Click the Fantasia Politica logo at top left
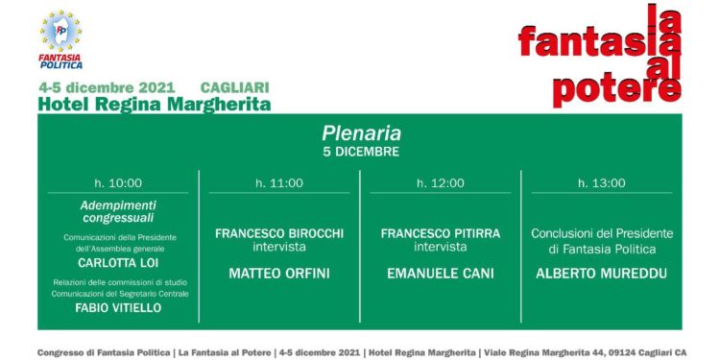point(60,40)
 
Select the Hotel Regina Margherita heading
point(154,104)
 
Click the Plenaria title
point(361,133)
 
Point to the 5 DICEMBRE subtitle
point(361,152)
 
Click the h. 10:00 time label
point(118,183)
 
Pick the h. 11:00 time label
point(279,183)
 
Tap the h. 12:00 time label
point(441,183)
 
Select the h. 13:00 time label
point(602,183)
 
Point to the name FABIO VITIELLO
point(118,309)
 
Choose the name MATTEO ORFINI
point(279,274)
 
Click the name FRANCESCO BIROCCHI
point(279,233)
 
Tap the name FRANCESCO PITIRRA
point(441,233)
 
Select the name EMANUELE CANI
point(441,274)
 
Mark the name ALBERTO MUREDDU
point(602,274)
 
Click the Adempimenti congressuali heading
point(118,211)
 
